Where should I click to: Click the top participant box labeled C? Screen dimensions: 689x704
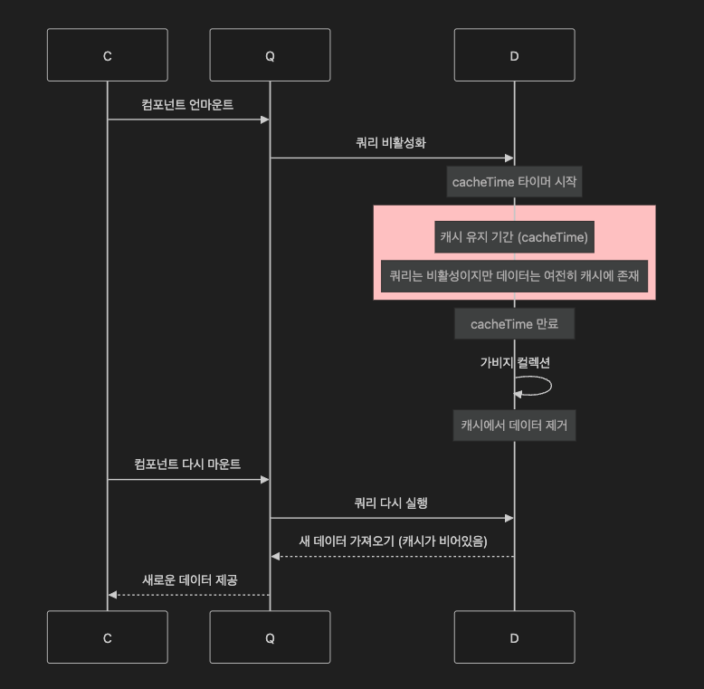(107, 55)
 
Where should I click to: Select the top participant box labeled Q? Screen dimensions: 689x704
(270, 55)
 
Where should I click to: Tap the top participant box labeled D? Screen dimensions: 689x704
(514, 55)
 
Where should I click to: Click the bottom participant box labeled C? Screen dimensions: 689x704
(107, 637)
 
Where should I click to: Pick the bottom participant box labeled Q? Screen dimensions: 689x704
(270, 637)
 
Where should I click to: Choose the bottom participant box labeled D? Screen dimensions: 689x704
(514, 637)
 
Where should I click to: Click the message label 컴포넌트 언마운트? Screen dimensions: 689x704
(187, 105)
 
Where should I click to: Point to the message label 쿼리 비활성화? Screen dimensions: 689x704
(391, 142)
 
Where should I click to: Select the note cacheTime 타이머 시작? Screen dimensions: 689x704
(514, 182)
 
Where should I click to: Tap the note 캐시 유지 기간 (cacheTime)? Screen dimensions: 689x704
(514, 237)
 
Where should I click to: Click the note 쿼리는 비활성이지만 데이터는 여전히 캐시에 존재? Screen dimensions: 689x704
(514, 276)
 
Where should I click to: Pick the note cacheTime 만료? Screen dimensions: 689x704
(514, 324)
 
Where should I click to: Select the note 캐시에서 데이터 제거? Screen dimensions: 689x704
(514, 425)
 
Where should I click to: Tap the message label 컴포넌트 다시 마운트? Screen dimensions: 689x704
(187, 464)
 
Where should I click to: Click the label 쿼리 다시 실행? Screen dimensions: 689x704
(391, 502)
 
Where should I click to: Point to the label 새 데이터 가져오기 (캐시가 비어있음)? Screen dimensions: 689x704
(393, 541)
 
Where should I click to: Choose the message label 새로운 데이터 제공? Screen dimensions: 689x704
(190, 579)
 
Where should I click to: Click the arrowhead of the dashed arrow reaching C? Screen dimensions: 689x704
(112, 595)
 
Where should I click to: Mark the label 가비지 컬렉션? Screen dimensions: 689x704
(514, 362)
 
